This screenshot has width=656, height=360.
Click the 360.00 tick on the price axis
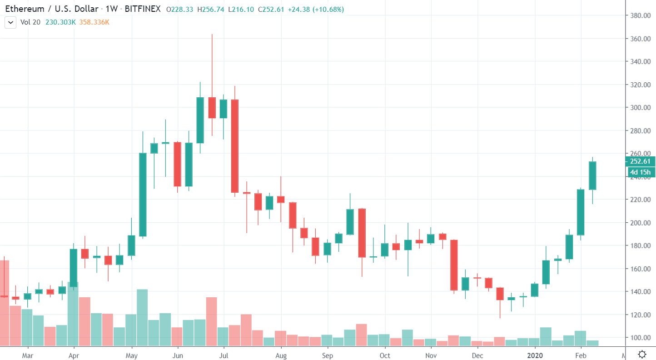click(640, 39)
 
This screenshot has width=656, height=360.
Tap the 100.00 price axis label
click(640, 338)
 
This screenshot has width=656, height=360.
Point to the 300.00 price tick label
click(640, 108)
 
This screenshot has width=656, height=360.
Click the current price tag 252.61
click(640, 161)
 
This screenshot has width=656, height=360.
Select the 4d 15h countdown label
click(640, 172)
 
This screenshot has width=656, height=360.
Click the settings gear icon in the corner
click(642, 354)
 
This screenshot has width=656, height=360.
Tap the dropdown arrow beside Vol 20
click(10, 22)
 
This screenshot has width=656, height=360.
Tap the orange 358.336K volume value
click(94, 22)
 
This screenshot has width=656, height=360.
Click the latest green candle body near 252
click(592, 175)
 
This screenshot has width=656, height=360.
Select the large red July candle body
click(235, 145)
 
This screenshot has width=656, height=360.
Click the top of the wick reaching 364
click(212, 35)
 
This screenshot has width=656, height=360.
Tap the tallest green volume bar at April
click(73, 314)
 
